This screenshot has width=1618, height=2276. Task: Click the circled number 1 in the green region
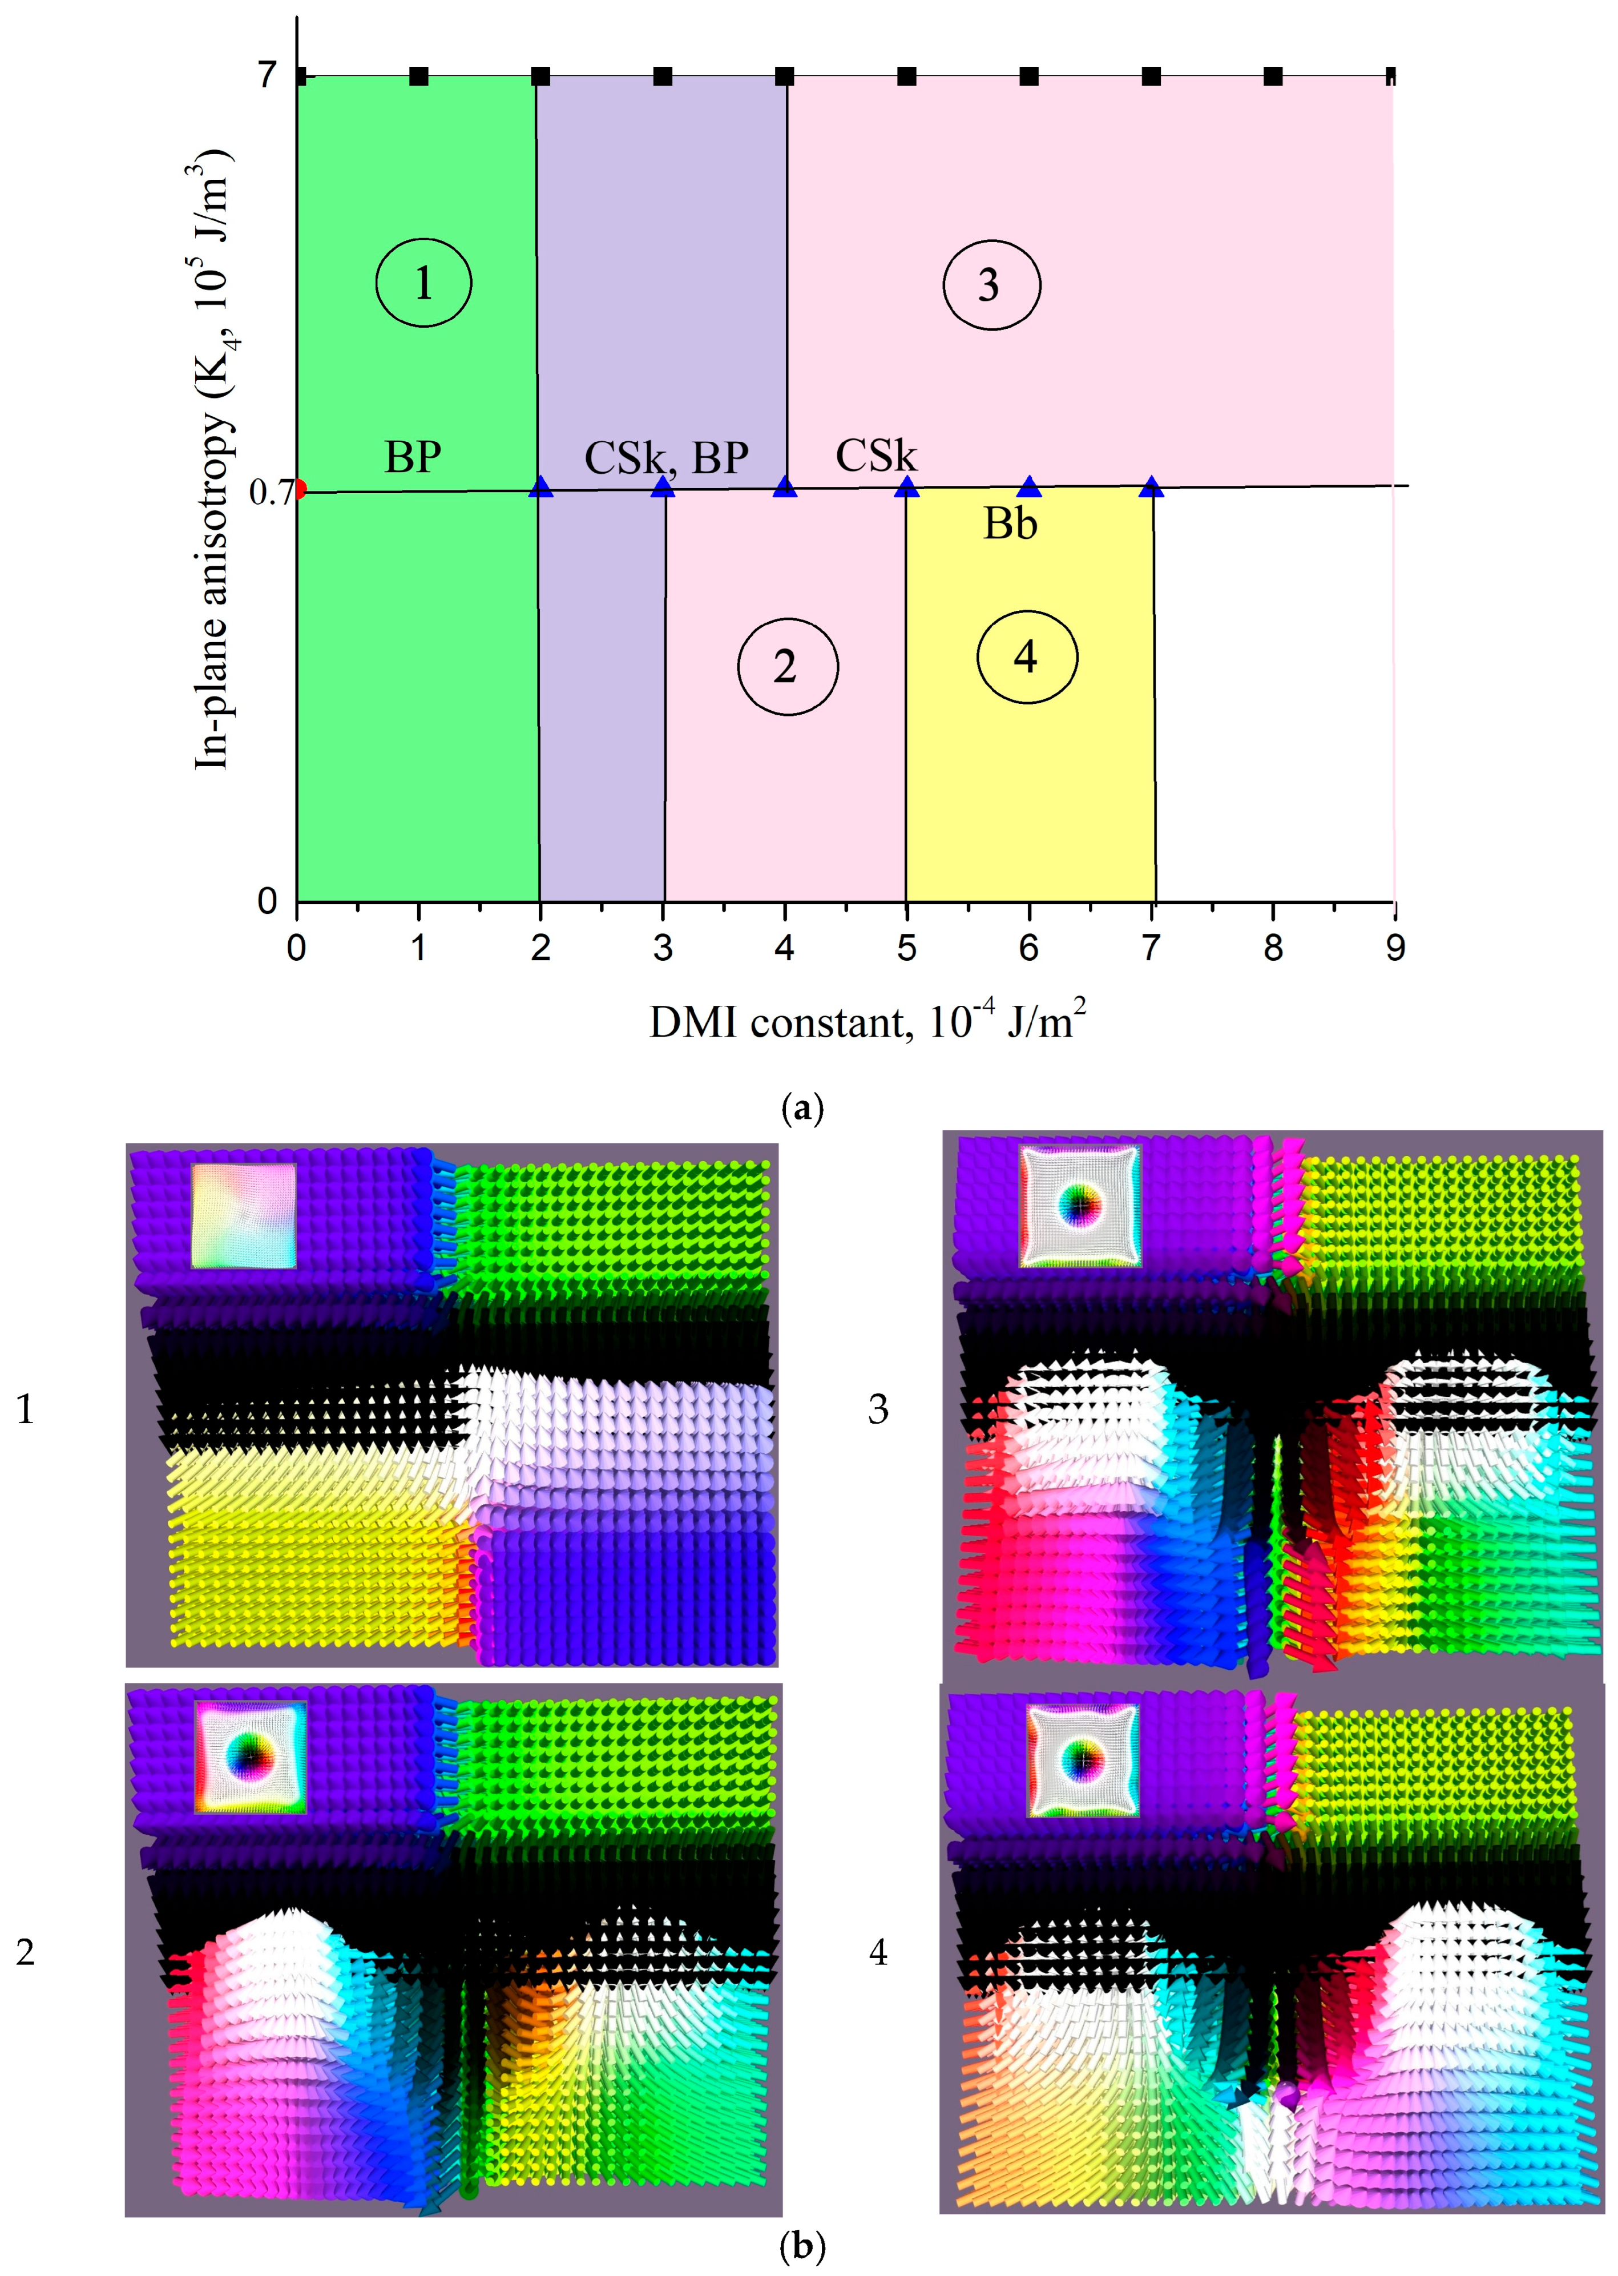[x=423, y=283]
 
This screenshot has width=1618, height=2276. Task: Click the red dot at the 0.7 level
[x=299, y=489]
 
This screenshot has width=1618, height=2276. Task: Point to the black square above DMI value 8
[x=1272, y=76]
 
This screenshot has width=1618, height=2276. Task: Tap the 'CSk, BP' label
[x=665, y=457]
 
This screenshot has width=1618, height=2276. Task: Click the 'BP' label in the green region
[x=413, y=456]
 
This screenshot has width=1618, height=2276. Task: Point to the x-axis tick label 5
[x=906, y=948]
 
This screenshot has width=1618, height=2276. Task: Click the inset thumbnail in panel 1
[x=244, y=1216]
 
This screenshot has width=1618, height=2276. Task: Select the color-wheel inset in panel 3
[x=1080, y=1207]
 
